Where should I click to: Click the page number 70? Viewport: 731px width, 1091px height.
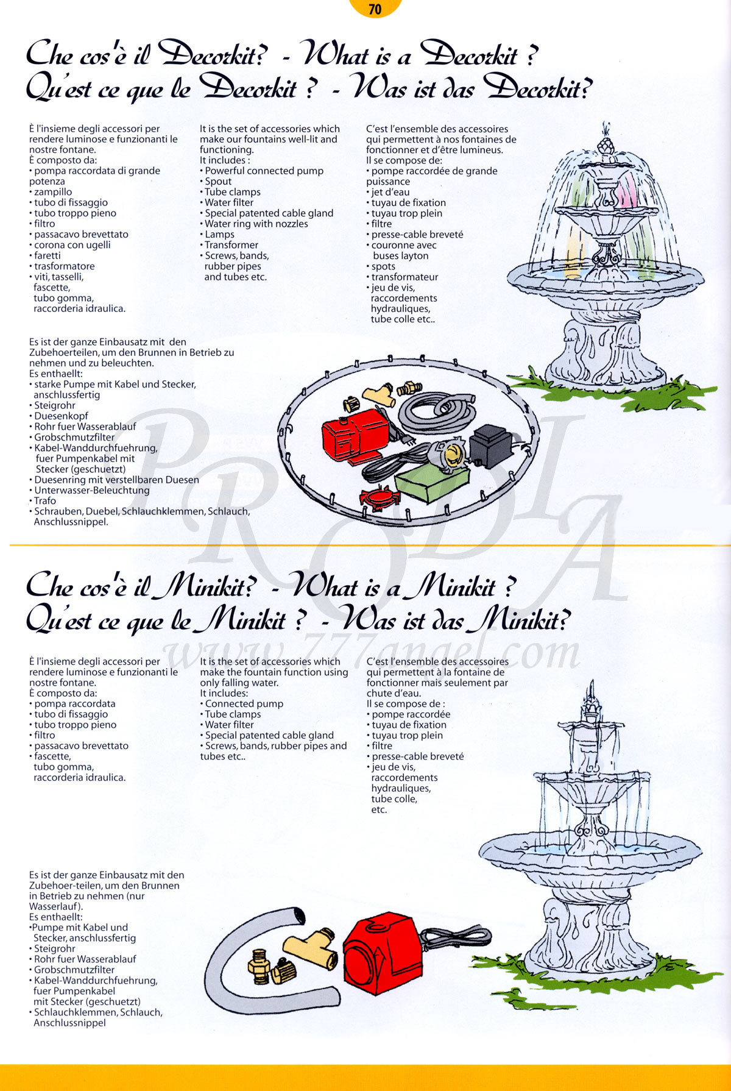point(375,9)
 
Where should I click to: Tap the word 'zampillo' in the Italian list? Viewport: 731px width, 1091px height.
point(53,192)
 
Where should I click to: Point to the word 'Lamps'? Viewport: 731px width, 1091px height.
point(220,235)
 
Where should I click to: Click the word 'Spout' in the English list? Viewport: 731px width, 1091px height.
point(218,182)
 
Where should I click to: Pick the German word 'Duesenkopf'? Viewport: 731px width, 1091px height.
point(61,416)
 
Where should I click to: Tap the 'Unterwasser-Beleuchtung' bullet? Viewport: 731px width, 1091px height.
point(92,490)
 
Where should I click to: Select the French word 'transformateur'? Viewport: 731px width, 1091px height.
point(405,277)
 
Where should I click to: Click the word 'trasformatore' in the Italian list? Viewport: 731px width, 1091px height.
point(65,266)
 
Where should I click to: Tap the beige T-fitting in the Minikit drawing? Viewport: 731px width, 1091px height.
point(313,947)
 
